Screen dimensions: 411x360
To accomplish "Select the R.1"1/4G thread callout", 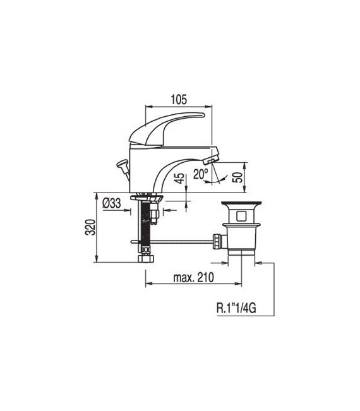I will tap(235, 309).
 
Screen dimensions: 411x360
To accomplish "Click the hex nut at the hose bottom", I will tap(145, 258).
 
